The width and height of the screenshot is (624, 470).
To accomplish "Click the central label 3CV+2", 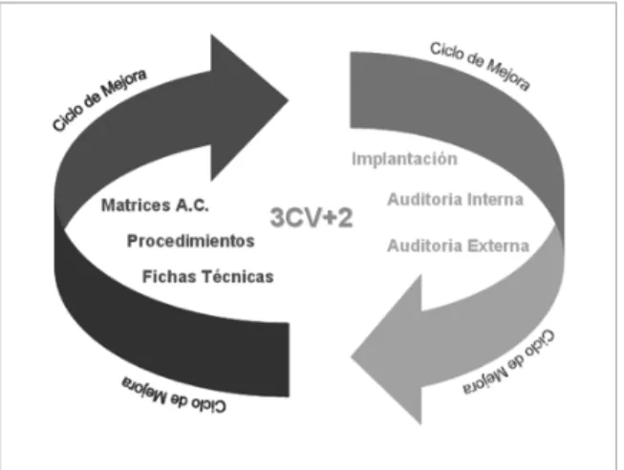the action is [x=312, y=218].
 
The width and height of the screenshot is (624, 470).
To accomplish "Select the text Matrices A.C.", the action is [x=155, y=205].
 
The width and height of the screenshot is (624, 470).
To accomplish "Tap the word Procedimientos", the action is [x=190, y=241].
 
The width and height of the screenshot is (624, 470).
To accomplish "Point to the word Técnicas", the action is [x=238, y=277].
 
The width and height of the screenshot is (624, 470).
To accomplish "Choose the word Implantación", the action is [x=404, y=160].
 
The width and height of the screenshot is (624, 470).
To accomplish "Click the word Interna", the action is [x=495, y=200].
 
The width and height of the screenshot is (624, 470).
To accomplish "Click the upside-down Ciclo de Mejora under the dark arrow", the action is [x=174, y=395].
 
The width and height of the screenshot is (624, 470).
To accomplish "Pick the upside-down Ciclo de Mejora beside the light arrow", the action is [x=508, y=363].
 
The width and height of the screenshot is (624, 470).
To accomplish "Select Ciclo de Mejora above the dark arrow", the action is [x=99, y=100].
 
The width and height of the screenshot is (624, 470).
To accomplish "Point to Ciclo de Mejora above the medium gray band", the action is [x=480, y=67].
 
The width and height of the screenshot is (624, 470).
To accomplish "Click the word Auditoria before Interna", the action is [x=424, y=200].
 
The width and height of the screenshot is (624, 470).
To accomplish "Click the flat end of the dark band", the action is [x=289, y=360].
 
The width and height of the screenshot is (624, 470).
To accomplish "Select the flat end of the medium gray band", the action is [x=351, y=90].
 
